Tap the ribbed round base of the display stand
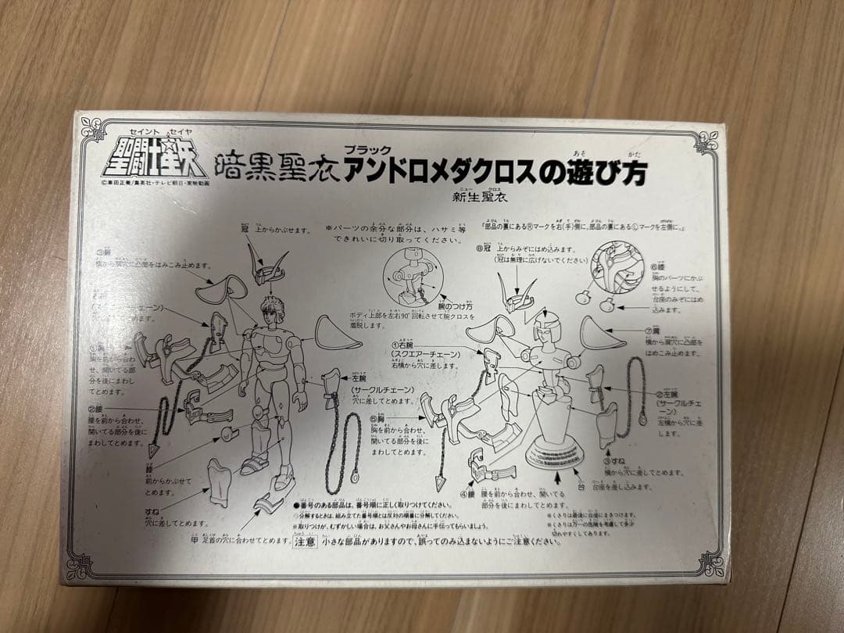(553, 453)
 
